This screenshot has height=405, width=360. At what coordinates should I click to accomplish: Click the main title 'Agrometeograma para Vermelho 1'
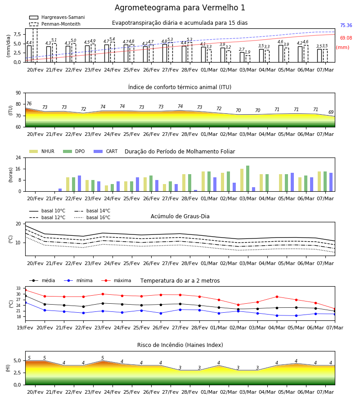(180, 8)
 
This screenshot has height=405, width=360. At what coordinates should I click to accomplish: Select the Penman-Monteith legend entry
(55, 24)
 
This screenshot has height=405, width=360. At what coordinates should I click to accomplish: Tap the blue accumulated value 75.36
(346, 25)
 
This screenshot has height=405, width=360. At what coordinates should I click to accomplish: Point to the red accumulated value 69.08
(346, 38)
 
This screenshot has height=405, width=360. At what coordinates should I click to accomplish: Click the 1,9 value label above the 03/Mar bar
(247, 52)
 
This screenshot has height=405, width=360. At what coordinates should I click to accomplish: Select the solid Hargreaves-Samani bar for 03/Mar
(242, 57)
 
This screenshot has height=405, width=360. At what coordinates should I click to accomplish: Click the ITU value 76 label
(29, 103)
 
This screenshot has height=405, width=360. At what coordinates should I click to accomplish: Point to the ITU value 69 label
(331, 112)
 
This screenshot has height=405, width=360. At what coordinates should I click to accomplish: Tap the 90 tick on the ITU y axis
(18, 93)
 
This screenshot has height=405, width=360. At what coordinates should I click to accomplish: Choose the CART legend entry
(106, 151)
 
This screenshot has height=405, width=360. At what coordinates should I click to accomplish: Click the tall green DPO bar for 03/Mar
(247, 179)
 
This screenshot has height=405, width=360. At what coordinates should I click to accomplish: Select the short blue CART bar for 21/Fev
(60, 190)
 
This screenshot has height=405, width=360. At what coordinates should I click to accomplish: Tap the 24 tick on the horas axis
(18, 157)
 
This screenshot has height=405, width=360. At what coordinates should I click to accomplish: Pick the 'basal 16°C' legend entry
(92, 217)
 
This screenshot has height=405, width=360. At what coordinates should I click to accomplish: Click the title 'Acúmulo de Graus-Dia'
(180, 216)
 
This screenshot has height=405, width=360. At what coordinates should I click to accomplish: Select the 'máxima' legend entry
(116, 280)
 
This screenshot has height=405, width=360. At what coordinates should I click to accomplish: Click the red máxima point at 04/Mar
(277, 297)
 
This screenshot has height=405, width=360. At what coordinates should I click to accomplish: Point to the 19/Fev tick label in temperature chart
(25, 328)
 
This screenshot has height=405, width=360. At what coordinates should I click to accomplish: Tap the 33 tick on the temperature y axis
(18, 288)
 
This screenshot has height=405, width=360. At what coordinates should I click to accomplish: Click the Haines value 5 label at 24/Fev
(103, 358)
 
